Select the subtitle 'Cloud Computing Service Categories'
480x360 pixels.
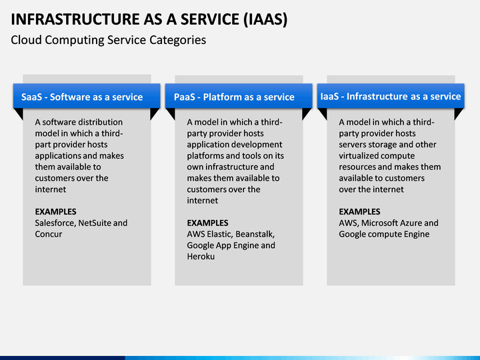pyautogui.click(x=108, y=40)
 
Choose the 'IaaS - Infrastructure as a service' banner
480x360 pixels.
pyautogui.click(x=391, y=96)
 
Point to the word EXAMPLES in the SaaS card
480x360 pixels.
pyautogui.click(x=55, y=212)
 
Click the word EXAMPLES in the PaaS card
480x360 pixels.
pyautogui.click(x=207, y=223)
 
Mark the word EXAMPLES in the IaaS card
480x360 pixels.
pyautogui.click(x=359, y=212)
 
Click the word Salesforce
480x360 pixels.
pyautogui.click(x=55, y=223)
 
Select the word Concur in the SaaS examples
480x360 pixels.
pyautogui.click(x=48, y=234)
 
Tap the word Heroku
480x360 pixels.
pyautogui.click(x=201, y=257)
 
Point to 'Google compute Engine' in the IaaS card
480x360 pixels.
pyautogui.click(x=384, y=234)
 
